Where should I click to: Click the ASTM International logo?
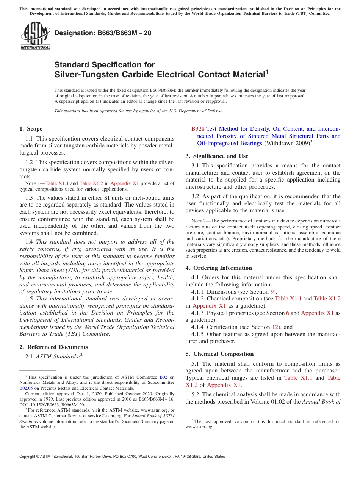35,36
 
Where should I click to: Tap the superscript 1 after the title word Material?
267,71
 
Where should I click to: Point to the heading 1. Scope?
31,129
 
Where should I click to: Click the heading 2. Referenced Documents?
53,347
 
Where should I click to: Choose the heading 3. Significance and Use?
217,156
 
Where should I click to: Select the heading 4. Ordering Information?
219,268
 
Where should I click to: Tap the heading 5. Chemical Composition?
219,354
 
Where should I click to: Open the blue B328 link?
198,129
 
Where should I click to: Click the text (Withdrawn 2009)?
286,143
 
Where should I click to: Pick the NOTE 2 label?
198,221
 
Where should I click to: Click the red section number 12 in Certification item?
276,327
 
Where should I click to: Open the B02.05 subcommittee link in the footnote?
26,388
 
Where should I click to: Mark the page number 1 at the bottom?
180,466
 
